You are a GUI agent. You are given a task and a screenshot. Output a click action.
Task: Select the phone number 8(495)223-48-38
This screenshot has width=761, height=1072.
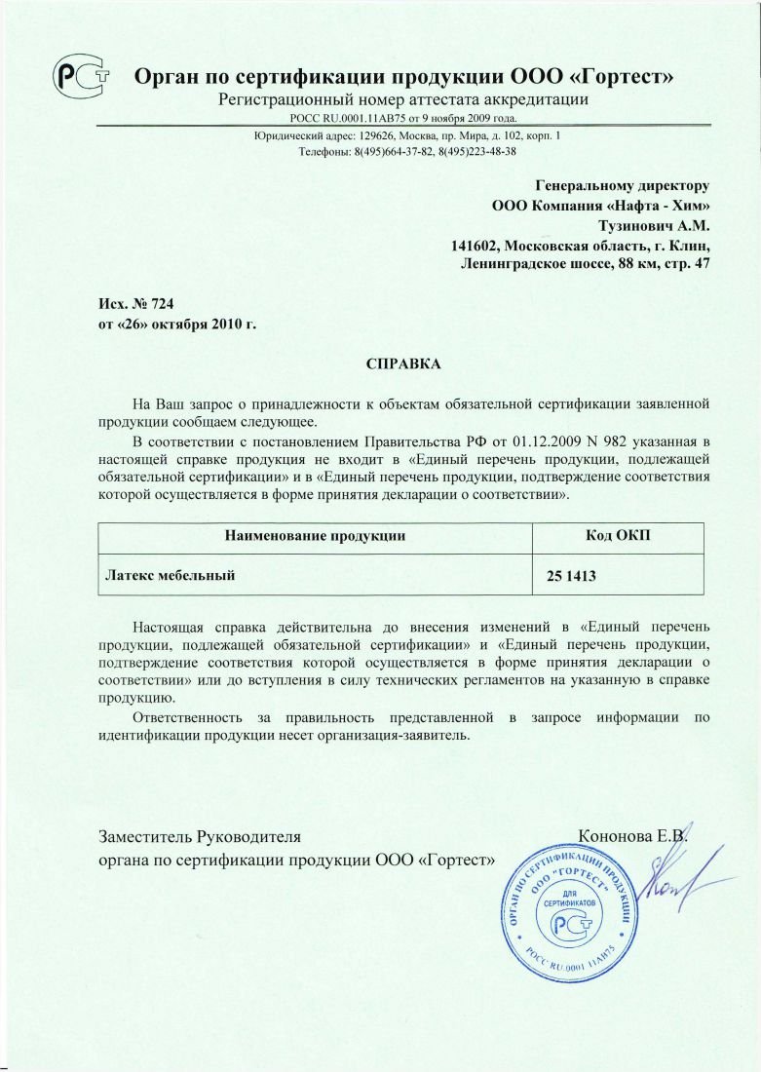476,152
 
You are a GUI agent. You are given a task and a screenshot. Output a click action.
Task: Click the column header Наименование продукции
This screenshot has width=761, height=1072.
315,535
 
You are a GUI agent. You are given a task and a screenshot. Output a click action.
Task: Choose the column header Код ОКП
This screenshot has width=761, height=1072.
618,535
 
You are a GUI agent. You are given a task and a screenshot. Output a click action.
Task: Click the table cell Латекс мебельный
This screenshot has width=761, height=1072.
171,575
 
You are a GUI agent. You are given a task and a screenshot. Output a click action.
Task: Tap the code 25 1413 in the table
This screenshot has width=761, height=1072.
571,577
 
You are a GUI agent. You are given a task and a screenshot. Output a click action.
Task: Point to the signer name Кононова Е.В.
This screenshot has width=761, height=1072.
632,836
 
